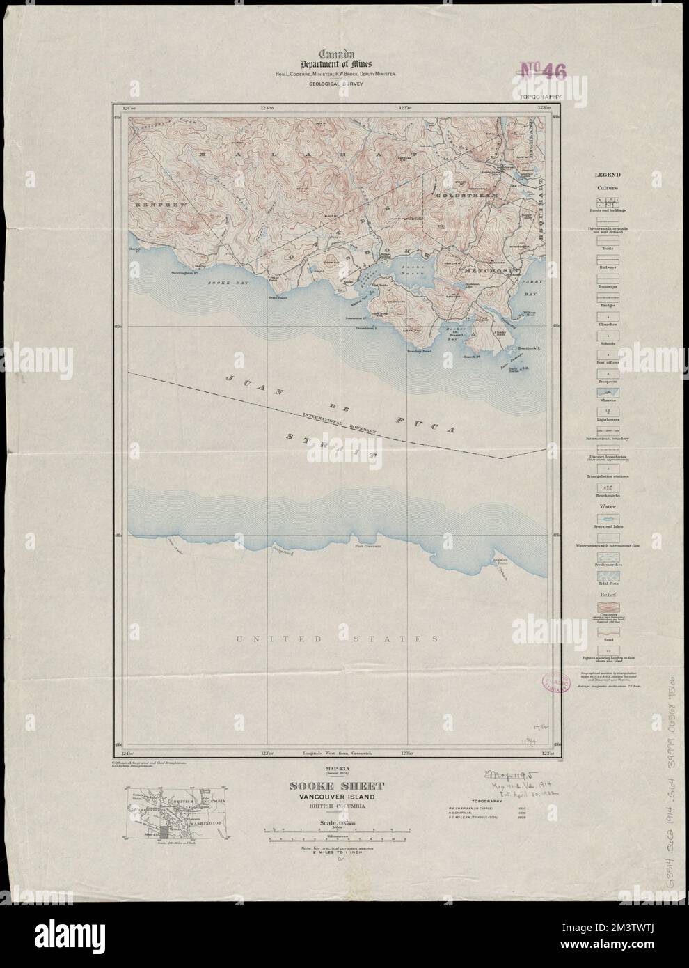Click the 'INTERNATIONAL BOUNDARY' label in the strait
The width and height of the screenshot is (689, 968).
click(340, 423)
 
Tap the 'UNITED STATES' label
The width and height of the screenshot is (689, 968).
click(338, 639)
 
